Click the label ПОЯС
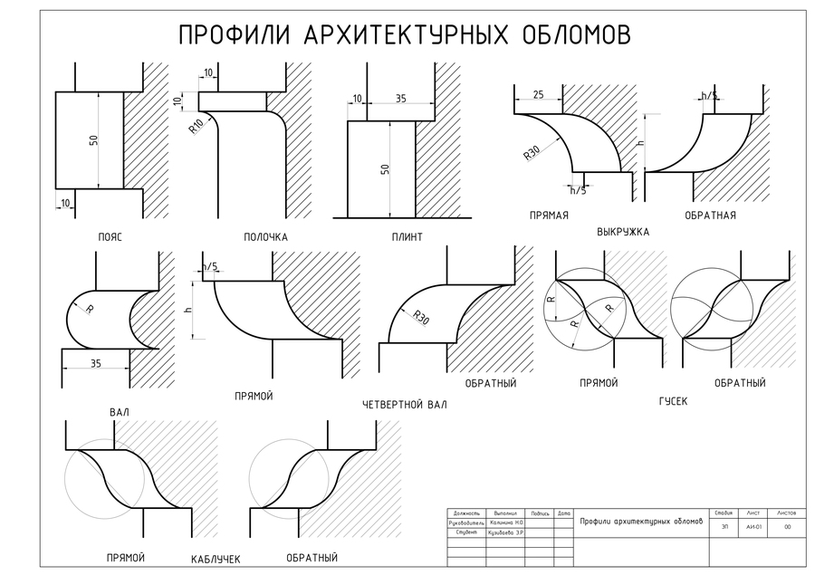coord(110,237)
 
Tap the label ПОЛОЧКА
coord(265,237)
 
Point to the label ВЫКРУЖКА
coord(623,232)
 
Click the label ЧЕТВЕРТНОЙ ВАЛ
coord(404,405)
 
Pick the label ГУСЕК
coord(673,399)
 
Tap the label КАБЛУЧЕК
coord(216,560)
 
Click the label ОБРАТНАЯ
coord(710,216)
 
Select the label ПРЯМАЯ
coord(549,216)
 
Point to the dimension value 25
coord(538,94)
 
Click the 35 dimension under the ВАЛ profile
coord(95,363)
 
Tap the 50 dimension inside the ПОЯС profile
coord(93,140)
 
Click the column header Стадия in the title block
coord(723,513)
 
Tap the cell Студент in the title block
coord(467,532)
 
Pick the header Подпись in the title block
coord(540,513)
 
